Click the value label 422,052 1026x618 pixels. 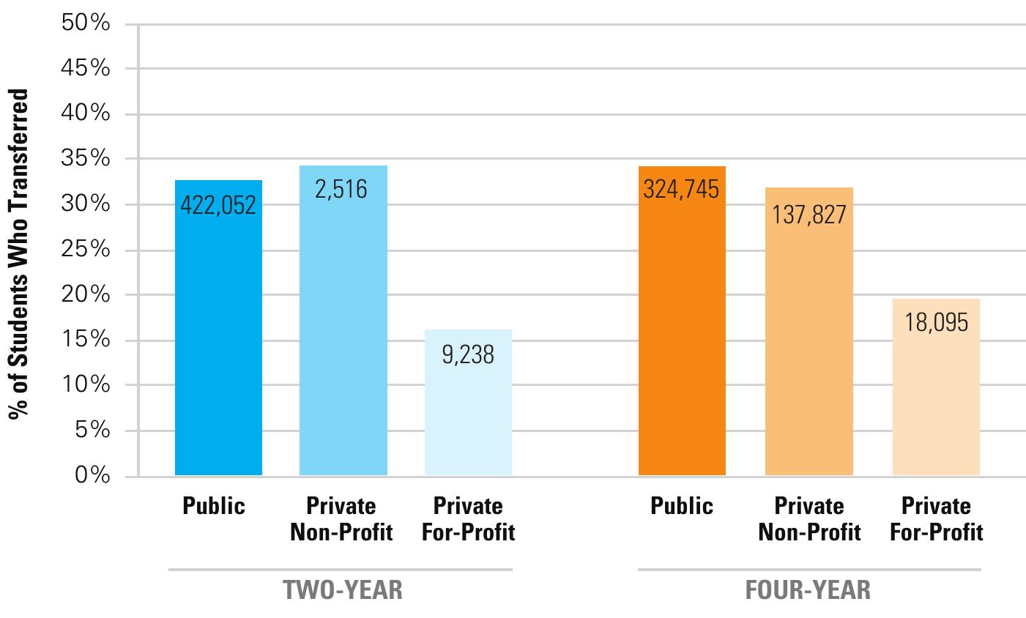[218, 206]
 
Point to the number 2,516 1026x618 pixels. [341, 190]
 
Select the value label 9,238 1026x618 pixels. [468, 355]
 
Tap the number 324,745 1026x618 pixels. [681, 190]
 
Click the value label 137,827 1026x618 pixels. [808, 215]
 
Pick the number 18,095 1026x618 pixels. [936, 323]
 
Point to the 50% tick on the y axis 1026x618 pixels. [86, 23]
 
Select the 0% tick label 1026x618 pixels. [92, 476]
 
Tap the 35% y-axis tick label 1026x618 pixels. [86, 159]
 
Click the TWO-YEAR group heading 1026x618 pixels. [343, 590]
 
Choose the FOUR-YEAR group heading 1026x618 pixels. [808, 590]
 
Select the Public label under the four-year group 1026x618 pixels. [681, 506]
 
